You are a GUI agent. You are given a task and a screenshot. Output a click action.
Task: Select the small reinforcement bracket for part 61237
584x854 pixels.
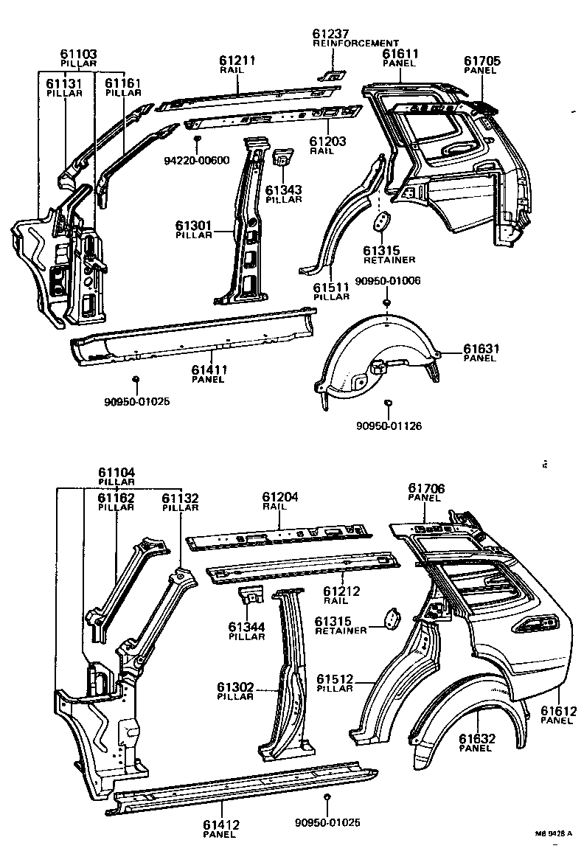point(333,74)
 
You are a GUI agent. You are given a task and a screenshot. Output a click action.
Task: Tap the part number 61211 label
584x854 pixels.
point(237,60)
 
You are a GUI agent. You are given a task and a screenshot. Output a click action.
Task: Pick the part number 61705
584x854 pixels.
point(482,60)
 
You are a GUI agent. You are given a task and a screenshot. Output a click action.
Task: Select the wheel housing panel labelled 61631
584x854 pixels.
point(376,354)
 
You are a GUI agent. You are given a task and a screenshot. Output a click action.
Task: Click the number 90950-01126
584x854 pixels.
point(388,426)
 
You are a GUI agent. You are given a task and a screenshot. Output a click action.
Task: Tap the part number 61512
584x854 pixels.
point(336,678)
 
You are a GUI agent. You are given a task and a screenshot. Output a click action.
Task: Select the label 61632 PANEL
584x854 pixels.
point(476,742)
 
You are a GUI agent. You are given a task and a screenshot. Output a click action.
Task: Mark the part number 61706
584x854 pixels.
point(427,488)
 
